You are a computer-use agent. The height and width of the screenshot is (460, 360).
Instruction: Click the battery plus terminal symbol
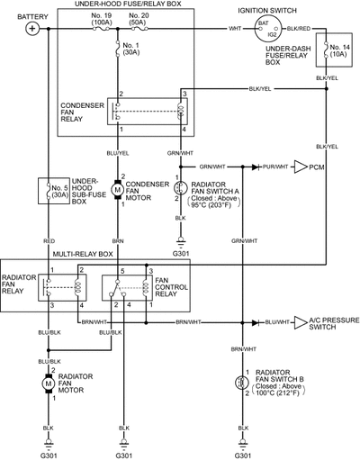coord(32,29)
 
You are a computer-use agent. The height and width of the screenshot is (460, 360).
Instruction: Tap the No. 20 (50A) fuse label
coord(138,19)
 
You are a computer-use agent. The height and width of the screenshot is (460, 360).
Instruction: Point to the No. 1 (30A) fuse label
coord(130,49)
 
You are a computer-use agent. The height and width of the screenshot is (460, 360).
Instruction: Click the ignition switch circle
coord(267,29)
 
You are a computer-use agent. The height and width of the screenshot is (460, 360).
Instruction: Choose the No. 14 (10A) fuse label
coord(339,50)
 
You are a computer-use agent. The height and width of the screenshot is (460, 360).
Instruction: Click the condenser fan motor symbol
coord(118,190)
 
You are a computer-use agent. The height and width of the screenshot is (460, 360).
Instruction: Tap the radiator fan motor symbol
coord(48,383)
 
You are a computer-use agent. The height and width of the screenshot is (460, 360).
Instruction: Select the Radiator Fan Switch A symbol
coord(180,188)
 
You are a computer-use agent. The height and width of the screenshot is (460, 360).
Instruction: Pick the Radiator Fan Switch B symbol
coord(242,383)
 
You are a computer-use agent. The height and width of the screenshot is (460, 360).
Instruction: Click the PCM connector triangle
coord(301,167)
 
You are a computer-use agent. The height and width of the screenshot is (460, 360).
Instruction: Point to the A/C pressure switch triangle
coord(301,322)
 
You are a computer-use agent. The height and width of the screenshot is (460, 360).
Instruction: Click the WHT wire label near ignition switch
coord(235,29)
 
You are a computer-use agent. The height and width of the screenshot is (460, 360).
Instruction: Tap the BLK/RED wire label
coord(299,29)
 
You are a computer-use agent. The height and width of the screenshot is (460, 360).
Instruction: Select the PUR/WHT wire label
coord(275,167)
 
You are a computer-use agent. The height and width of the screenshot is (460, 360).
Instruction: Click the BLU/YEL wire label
coord(118,153)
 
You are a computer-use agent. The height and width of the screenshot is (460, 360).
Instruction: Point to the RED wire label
coord(49,241)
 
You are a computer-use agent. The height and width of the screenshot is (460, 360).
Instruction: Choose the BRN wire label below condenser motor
coord(118,241)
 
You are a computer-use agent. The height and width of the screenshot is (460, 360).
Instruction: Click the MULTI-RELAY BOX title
coord(83,255)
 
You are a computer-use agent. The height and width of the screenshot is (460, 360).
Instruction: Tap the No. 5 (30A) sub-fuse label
coord(60,191)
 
